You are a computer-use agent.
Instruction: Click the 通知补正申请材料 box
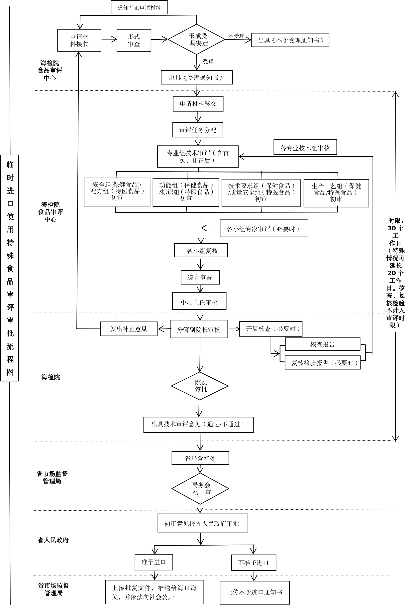(139, 7)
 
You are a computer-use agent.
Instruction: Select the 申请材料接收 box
(79, 40)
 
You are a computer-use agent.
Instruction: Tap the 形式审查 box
(134, 40)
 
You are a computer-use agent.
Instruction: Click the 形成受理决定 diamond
(197, 39)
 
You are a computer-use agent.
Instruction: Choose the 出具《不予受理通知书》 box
(290, 40)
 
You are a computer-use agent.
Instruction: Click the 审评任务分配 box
(198, 130)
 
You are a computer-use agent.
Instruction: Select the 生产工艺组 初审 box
(336, 193)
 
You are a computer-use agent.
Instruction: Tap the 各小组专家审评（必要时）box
(264, 228)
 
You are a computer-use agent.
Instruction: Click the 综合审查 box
(200, 277)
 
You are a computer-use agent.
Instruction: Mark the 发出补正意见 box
(129, 329)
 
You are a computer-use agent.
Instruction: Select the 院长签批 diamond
(200, 386)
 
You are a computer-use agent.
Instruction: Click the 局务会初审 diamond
(200, 489)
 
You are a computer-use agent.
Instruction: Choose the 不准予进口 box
(253, 563)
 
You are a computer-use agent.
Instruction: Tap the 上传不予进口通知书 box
(255, 592)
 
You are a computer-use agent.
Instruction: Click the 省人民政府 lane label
(53, 540)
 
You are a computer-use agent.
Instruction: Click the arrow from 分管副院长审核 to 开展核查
(234, 329)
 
